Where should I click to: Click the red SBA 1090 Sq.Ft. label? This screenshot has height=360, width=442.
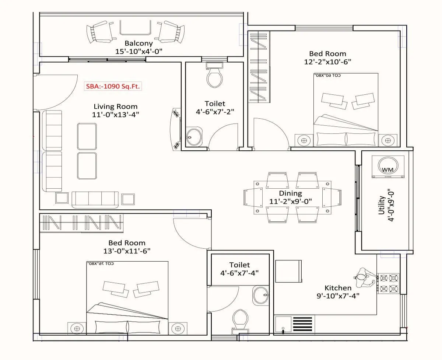(x=113, y=87)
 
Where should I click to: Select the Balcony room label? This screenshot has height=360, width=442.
(x=138, y=43)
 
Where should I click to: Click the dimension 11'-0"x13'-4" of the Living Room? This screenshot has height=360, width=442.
(x=115, y=115)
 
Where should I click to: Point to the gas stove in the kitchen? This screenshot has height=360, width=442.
(x=389, y=283)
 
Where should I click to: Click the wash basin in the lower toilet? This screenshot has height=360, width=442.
(x=261, y=295)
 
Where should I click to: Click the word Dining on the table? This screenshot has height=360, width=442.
(x=290, y=193)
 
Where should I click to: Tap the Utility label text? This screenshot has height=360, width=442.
(x=382, y=205)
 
